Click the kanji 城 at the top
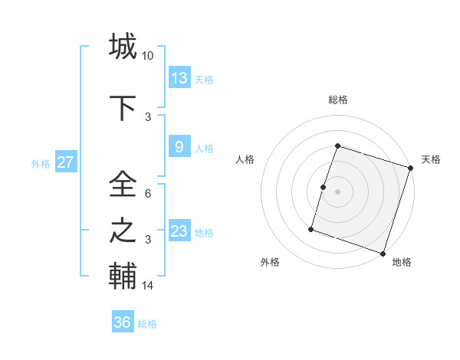point(123,46)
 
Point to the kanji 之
point(123,231)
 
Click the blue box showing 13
point(179,77)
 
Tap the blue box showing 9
point(179,147)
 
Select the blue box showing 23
point(179,231)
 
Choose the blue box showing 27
point(65,162)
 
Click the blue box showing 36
point(123,322)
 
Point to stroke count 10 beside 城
point(148,56)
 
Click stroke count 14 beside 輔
point(148,286)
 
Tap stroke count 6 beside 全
point(148,195)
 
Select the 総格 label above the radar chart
point(337,100)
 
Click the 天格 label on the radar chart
point(431,159)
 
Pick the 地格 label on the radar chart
point(402,262)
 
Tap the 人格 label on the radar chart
point(245,159)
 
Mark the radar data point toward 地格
point(383,253)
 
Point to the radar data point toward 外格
point(311,229)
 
